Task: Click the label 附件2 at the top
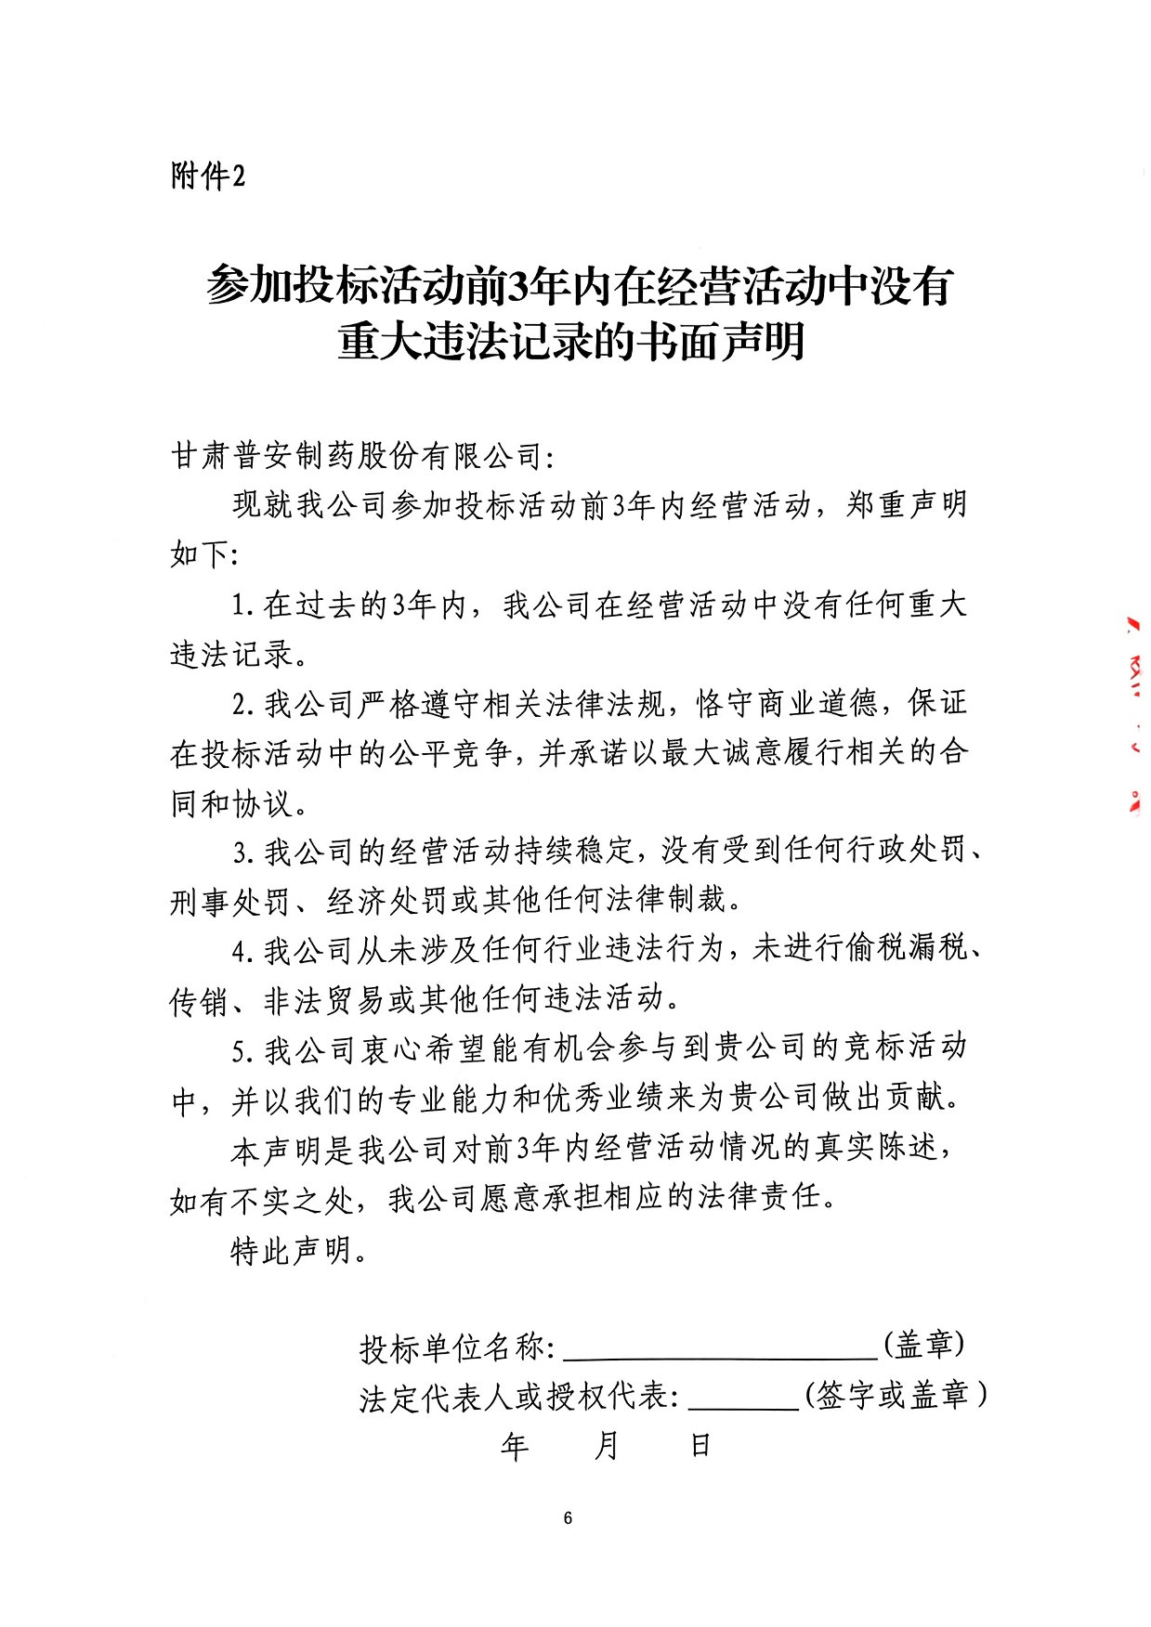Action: coord(208,175)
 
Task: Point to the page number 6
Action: coord(568,1518)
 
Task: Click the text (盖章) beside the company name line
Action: coord(922,1344)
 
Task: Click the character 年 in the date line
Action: coord(515,1445)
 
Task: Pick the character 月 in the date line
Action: coord(606,1445)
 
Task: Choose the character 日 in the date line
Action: coord(700,1445)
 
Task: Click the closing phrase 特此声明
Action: coord(292,1251)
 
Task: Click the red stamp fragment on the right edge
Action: coord(1134,715)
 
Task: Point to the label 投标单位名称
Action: coord(456,1347)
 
